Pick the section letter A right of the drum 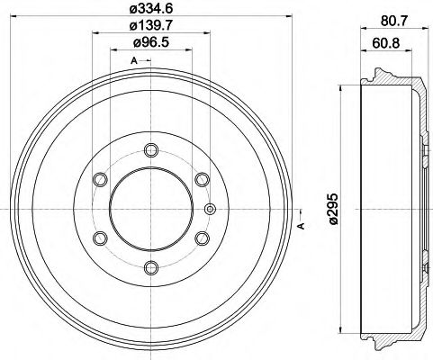[x=301, y=225]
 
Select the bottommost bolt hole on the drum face [x=150, y=267]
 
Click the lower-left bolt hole [x=101, y=238]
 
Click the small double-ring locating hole [x=211, y=210]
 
